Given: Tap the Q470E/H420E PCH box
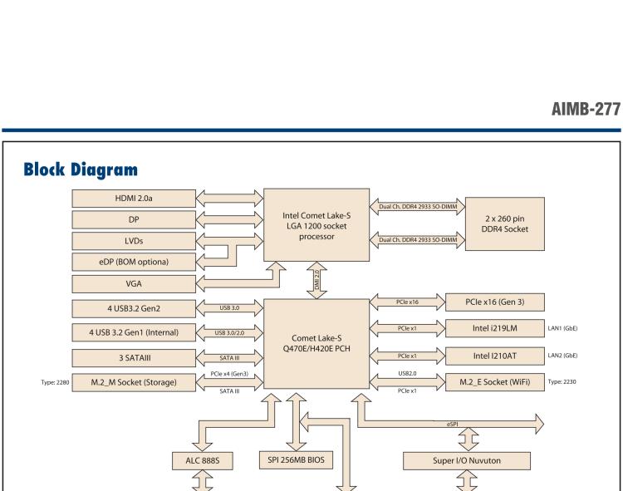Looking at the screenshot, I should point(315,342).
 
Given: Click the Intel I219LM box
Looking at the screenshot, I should point(494,329).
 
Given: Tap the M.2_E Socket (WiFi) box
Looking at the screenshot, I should point(494,381).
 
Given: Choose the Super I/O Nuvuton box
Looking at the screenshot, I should point(470,459).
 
